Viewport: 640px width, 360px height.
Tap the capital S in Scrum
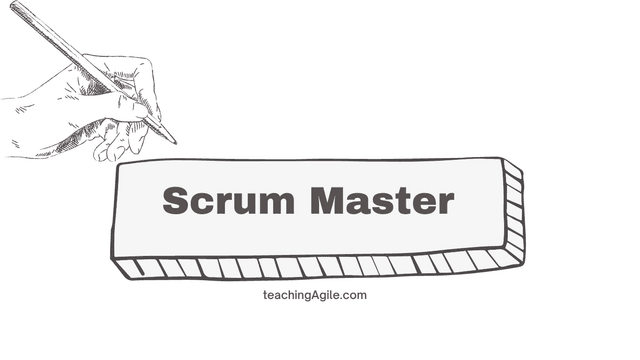click(x=176, y=201)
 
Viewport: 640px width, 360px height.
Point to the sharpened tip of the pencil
click(x=174, y=141)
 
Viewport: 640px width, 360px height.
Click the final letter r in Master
click(x=445, y=204)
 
